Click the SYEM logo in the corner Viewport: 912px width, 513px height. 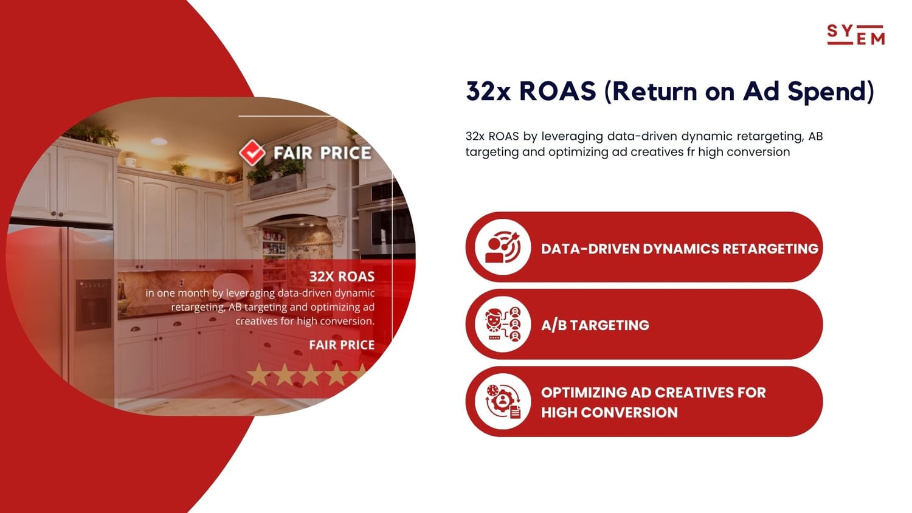click(856, 35)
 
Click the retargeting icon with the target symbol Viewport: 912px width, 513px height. click(503, 247)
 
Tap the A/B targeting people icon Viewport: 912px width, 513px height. click(503, 324)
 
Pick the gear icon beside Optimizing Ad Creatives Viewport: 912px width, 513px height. click(503, 401)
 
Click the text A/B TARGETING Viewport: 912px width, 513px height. click(595, 325)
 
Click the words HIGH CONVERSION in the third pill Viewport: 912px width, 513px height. click(609, 413)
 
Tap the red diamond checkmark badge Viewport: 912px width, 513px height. click(252, 153)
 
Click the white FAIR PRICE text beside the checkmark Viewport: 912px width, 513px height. click(322, 153)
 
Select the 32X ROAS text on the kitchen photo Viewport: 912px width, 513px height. click(342, 277)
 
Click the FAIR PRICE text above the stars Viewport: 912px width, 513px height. click(342, 345)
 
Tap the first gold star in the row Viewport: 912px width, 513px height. click(258, 374)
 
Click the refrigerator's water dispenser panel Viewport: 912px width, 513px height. click(93, 304)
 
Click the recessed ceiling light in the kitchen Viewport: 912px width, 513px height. click(158, 141)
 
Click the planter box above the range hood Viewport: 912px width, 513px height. click(277, 186)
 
